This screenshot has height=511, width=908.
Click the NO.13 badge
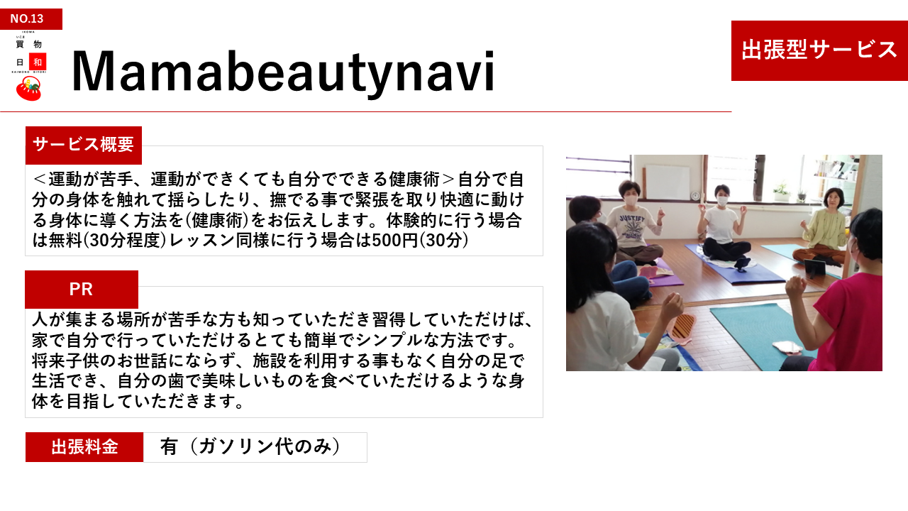[31, 18]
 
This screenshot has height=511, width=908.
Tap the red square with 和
[38, 62]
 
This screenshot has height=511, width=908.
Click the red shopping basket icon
[28, 89]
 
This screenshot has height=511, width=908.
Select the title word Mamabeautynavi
[283, 72]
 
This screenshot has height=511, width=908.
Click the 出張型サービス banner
[819, 50]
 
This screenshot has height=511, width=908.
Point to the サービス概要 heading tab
[84, 145]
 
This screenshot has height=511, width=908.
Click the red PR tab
[82, 289]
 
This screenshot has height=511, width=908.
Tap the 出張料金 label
[84, 447]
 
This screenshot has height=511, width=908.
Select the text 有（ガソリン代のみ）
[250, 447]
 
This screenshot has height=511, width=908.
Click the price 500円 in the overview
[394, 241]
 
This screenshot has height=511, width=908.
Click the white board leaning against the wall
[667, 182]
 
